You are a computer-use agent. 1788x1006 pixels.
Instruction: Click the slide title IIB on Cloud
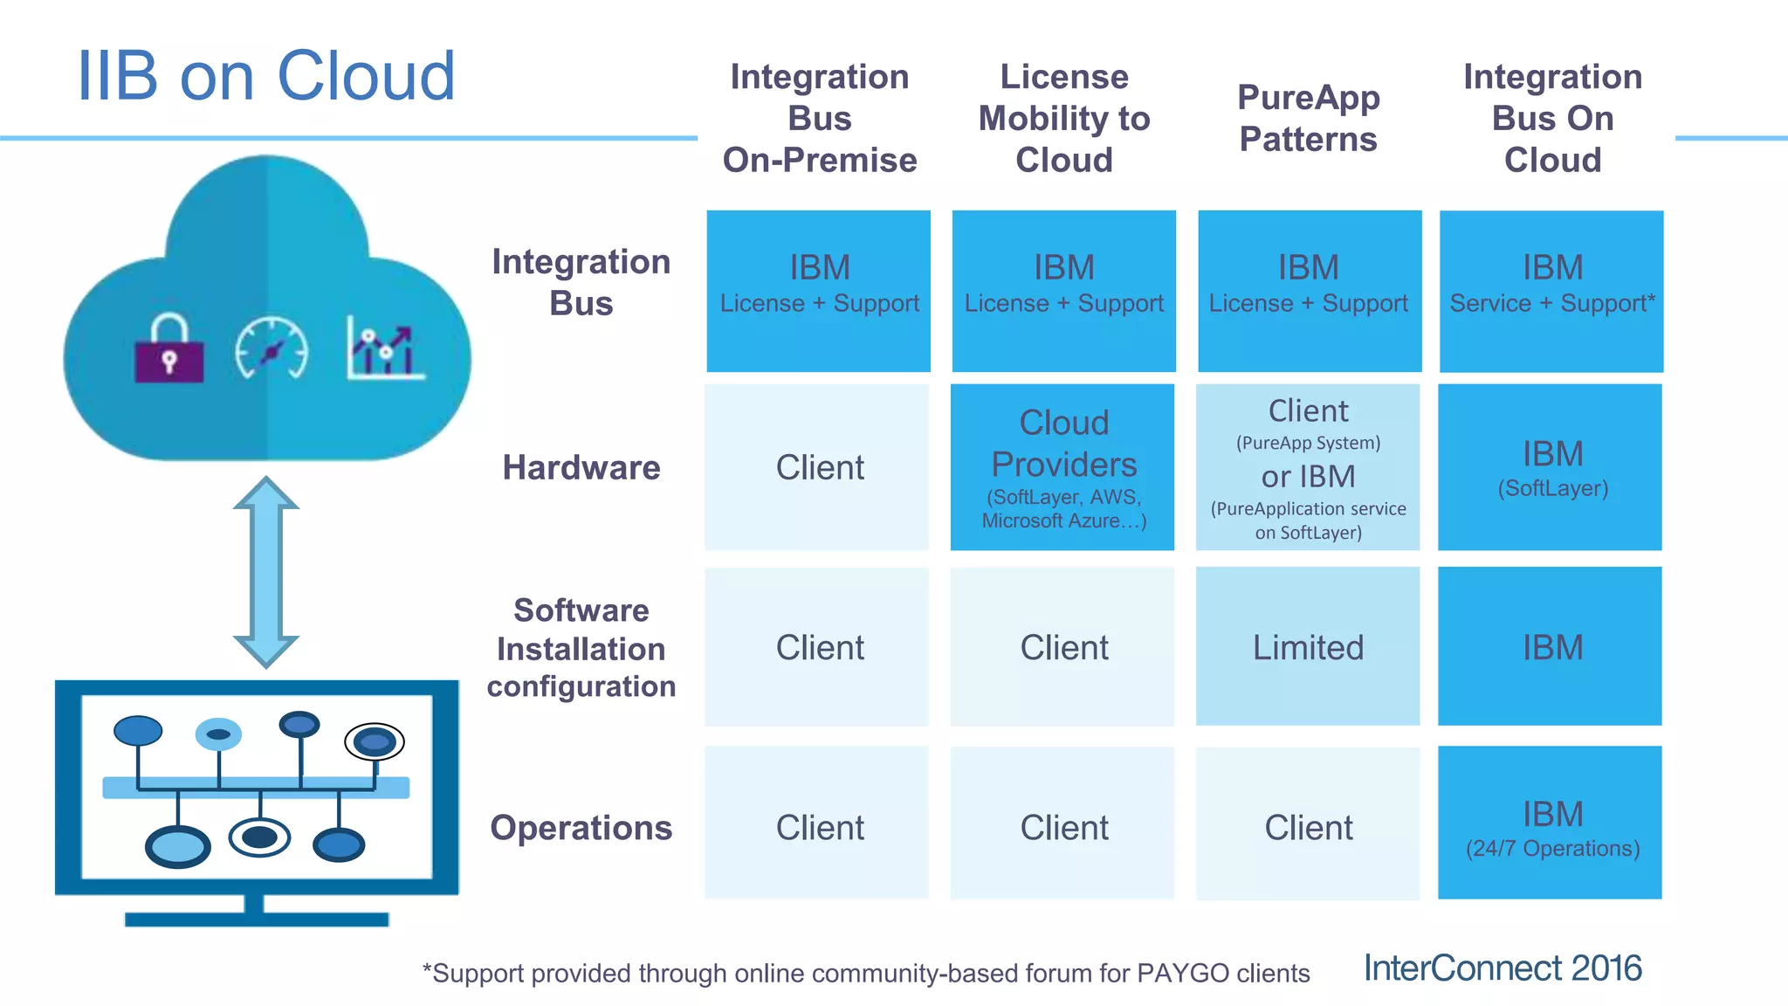click(266, 77)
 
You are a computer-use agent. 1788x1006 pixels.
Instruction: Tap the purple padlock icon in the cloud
click(169, 350)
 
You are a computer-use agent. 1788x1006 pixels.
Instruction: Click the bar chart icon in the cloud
click(385, 349)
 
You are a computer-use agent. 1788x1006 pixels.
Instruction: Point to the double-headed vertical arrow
click(266, 572)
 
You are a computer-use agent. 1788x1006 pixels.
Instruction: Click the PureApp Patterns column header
click(1308, 118)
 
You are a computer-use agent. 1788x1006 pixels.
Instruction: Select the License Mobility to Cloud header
click(1063, 118)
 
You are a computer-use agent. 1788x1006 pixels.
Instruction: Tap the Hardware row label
click(581, 468)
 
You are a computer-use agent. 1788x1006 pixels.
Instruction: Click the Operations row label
click(581, 827)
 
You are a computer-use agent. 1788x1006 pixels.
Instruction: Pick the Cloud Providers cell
click(1062, 467)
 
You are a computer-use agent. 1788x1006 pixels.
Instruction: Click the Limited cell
click(1307, 647)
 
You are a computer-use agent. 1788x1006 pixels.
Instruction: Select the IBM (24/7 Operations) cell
click(1551, 823)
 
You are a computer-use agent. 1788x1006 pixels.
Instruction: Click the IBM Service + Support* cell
click(1551, 291)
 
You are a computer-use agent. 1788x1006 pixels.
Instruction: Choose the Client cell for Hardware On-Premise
click(818, 468)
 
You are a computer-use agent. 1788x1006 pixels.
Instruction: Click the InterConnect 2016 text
click(1503, 968)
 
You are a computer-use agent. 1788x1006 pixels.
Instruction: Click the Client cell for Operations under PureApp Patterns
click(1307, 826)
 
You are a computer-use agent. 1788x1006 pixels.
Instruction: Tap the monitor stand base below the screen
click(256, 918)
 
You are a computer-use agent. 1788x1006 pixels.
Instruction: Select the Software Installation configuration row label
click(581, 648)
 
